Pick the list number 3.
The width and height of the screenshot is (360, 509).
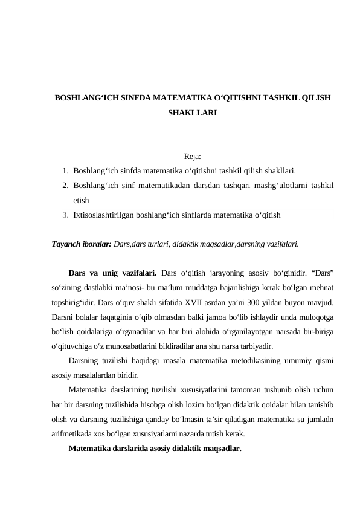[65, 214]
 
